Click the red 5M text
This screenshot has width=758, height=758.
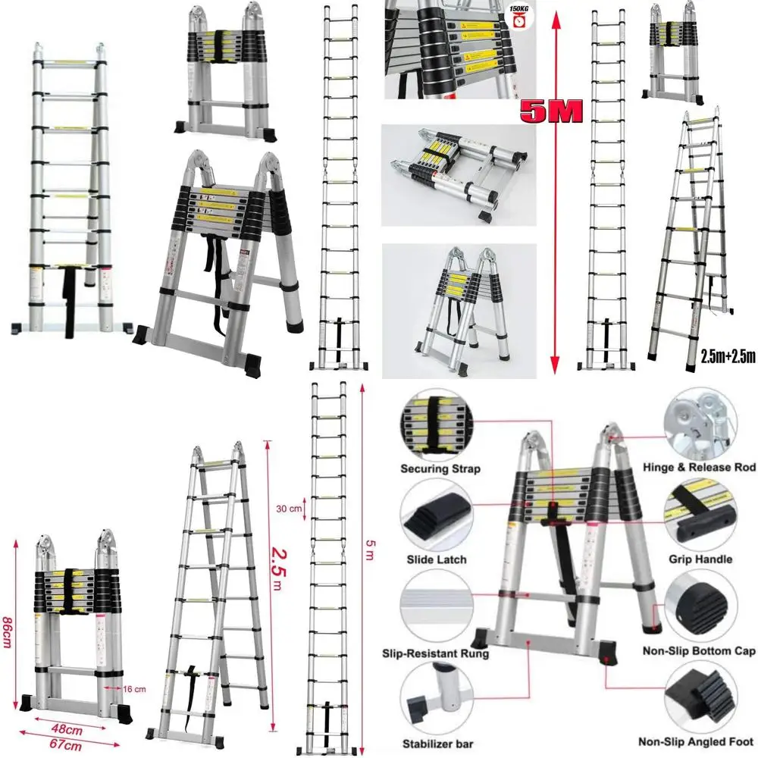[x=551, y=111]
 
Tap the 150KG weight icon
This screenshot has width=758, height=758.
[x=520, y=17]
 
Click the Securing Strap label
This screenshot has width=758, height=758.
[x=440, y=469]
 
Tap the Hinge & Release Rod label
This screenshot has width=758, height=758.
[x=698, y=468]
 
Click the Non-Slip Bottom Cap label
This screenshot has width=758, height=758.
[x=698, y=651]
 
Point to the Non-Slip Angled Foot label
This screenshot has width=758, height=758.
[x=696, y=744]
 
